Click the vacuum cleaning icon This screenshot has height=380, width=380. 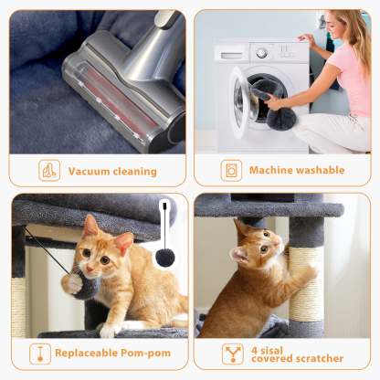49,171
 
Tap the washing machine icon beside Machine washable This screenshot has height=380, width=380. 232,171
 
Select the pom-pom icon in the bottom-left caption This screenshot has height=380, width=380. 40,354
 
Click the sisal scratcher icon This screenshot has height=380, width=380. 233,354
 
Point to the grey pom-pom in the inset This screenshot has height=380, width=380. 164,258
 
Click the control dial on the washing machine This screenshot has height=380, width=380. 262,54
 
